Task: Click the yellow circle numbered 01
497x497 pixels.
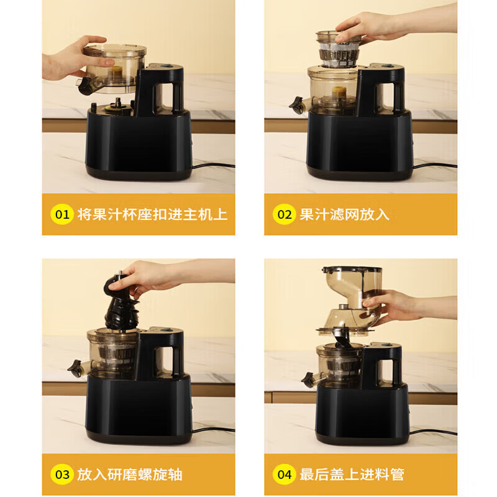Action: pyautogui.click(x=62, y=215)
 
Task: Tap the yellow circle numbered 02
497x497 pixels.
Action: pyautogui.click(x=284, y=215)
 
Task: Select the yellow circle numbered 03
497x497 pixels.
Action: pyautogui.click(x=62, y=475)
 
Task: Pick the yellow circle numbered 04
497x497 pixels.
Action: pyautogui.click(x=284, y=475)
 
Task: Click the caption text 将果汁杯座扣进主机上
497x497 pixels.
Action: pyautogui.click(x=152, y=215)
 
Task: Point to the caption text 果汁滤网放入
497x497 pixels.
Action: pyautogui.click(x=344, y=215)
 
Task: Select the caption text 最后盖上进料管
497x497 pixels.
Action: pyautogui.click(x=352, y=475)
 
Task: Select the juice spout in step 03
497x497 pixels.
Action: pyautogui.click(x=75, y=370)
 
